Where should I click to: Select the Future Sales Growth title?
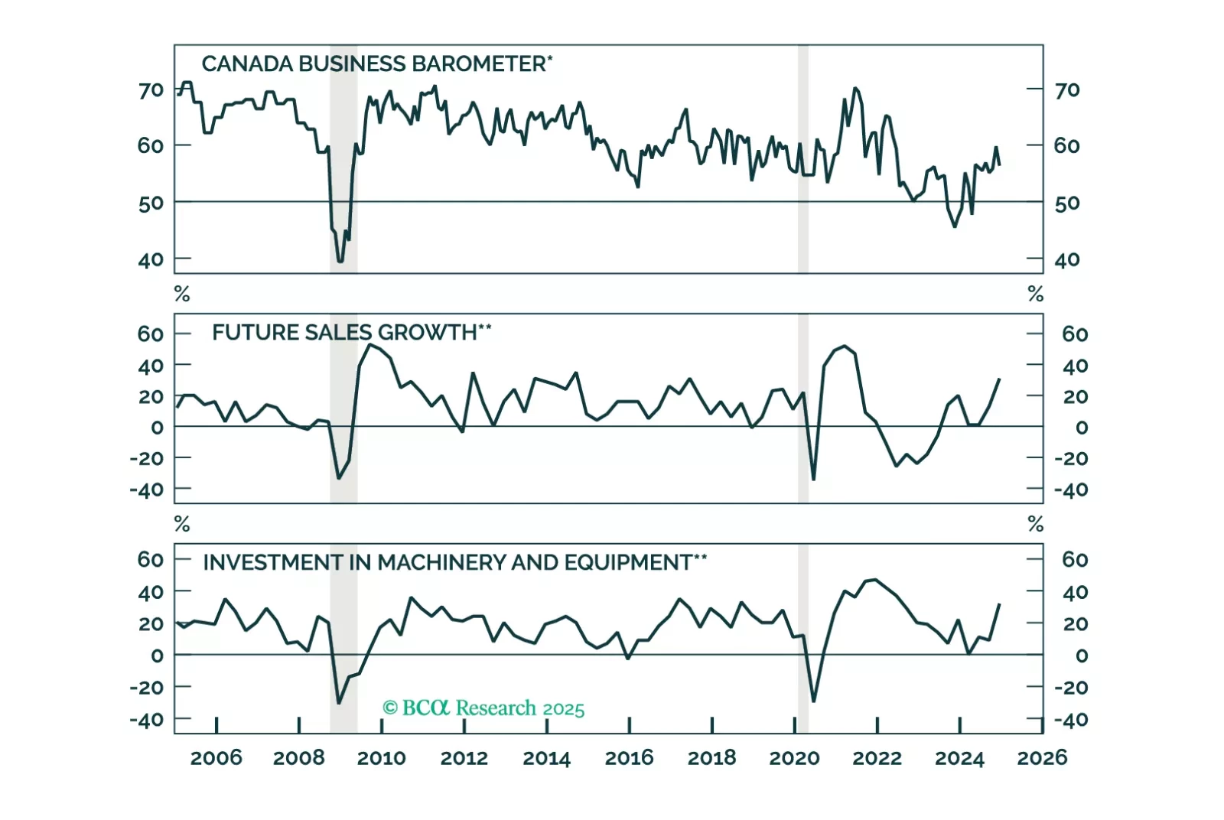(351, 332)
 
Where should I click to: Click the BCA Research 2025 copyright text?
(483, 708)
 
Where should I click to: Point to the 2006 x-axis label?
(216, 757)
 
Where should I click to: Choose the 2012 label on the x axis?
(464, 757)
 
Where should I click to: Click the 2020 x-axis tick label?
(794, 757)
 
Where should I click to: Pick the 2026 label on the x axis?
(1042, 757)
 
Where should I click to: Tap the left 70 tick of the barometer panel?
(151, 90)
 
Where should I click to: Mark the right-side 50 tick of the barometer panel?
(1067, 203)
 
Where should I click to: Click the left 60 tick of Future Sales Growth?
(151, 334)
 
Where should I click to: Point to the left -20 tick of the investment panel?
(146, 687)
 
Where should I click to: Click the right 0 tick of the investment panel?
(1081, 656)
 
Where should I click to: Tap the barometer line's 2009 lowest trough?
(340, 261)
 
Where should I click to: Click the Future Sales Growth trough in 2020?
(813, 480)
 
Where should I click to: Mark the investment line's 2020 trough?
(813, 701)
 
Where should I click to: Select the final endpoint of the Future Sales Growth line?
(1000, 379)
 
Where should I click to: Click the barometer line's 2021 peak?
(855, 88)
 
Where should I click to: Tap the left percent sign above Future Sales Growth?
(182, 294)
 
